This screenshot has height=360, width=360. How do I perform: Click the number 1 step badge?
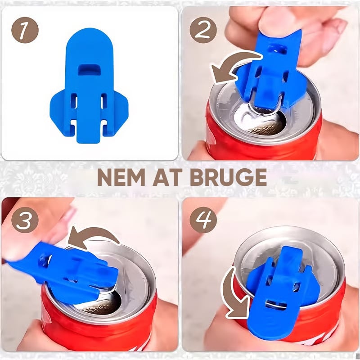[x=25, y=30]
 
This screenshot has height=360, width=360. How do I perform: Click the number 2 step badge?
[x=203, y=30]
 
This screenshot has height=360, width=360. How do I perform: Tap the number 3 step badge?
[x=25, y=220]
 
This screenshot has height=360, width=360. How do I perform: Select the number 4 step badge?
[x=203, y=220]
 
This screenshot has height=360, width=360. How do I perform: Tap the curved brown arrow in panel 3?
[x=92, y=234]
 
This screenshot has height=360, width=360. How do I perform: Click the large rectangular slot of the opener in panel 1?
[x=89, y=70]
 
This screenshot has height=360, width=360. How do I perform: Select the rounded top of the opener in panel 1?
[x=90, y=40]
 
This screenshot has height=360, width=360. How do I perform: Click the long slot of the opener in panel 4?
[x=276, y=306]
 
